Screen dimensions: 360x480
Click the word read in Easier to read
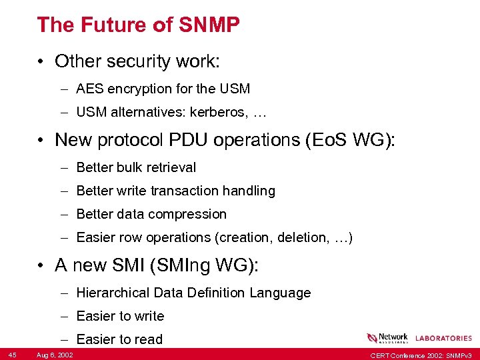click(x=148, y=339)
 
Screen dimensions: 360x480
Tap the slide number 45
click(x=13, y=353)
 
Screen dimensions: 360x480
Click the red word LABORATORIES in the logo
click(x=443, y=339)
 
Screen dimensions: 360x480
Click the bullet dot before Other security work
click(x=41, y=62)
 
